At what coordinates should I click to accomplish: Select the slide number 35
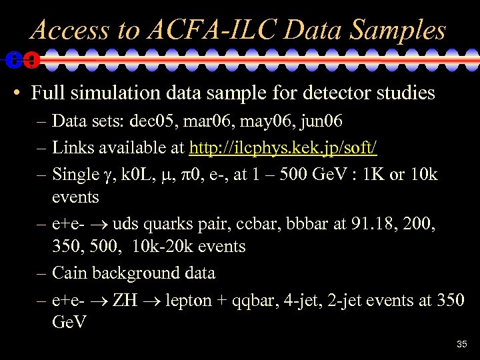click(462, 345)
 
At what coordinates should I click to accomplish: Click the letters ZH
click(125, 300)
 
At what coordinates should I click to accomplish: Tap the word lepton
click(188, 300)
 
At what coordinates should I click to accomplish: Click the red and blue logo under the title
click(21, 60)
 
